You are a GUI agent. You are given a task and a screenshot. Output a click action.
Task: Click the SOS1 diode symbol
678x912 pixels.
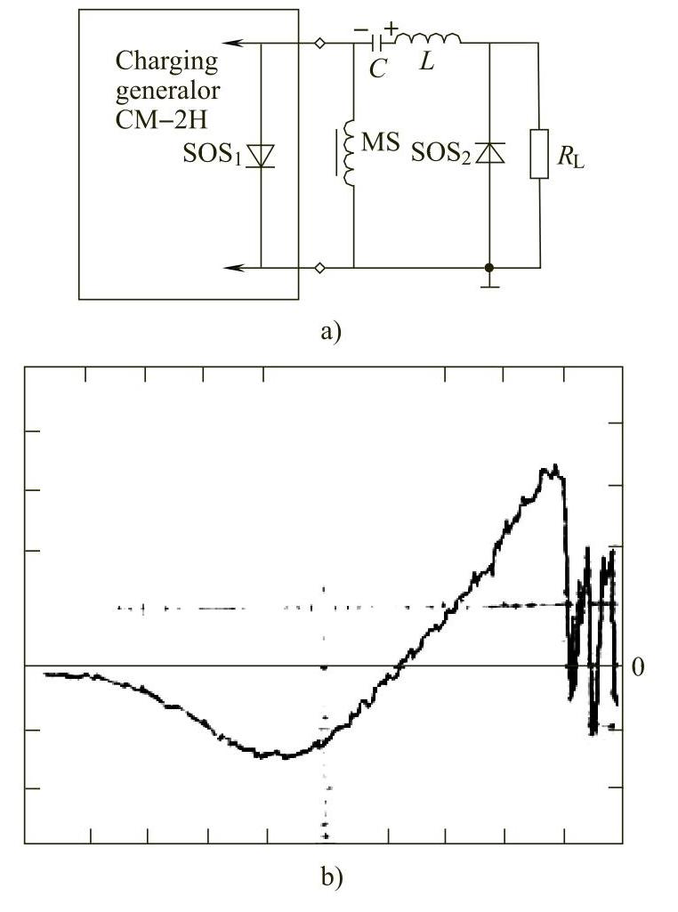(261, 157)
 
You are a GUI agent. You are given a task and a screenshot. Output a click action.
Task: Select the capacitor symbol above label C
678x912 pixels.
(380, 42)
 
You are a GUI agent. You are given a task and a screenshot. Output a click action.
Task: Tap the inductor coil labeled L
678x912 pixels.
(428, 39)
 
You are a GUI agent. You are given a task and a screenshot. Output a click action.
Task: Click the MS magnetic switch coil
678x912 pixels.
(349, 154)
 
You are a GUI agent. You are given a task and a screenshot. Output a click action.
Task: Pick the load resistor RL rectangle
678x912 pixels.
(539, 154)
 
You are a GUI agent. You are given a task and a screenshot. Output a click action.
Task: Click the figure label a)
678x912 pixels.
(329, 332)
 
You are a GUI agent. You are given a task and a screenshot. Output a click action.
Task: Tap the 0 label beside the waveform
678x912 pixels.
(637, 666)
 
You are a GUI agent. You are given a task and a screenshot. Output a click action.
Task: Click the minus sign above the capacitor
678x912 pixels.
(360, 30)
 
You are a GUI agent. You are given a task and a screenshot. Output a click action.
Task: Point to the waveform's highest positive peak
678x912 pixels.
(553, 467)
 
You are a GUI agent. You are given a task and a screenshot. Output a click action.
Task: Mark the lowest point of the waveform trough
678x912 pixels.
(285, 756)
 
